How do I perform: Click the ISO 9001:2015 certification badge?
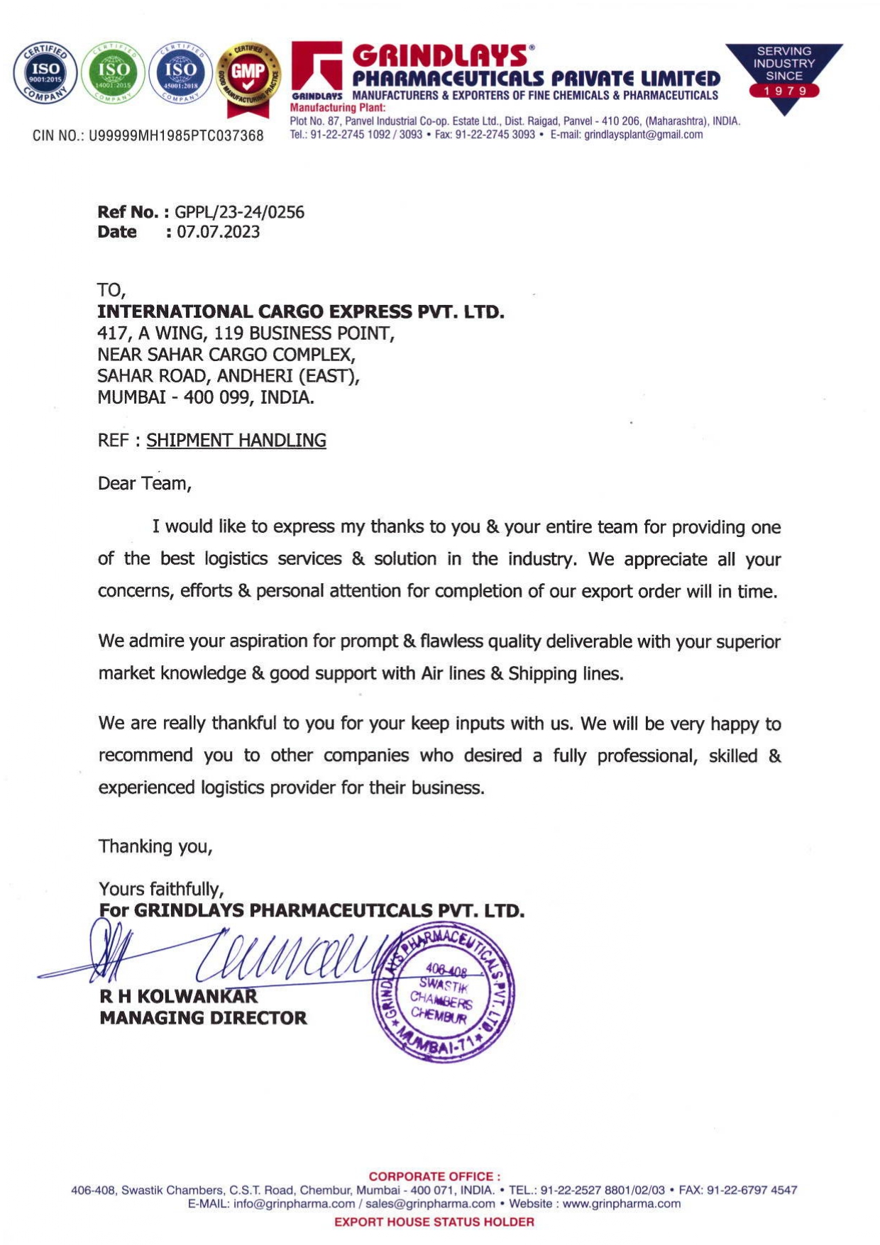point(45,73)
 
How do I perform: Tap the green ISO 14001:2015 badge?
point(114,73)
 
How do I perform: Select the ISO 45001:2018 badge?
point(181,73)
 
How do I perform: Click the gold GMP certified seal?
point(248,75)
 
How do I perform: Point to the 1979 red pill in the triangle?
point(784,91)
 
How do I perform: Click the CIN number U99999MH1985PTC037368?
point(176,135)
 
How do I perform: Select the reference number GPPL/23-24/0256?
point(239,212)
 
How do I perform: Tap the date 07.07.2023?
point(218,232)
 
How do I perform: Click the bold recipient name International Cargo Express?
point(300,311)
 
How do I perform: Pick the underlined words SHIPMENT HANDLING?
point(236,441)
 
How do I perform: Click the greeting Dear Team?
point(144,484)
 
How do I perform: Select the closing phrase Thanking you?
point(155,846)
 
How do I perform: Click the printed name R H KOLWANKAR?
point(178,997)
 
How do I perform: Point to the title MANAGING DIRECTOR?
point(203,1018)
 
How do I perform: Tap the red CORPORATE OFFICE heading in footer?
point(434,1176)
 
